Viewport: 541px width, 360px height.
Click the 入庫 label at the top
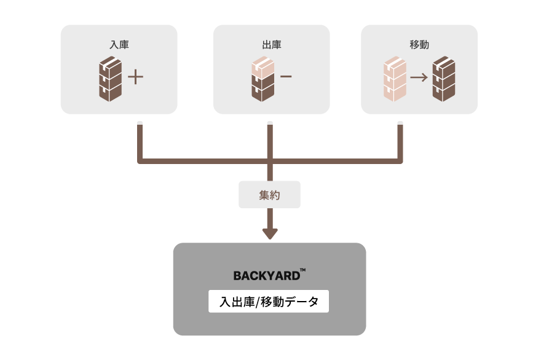(119, 44)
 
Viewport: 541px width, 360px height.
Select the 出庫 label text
(271, 44)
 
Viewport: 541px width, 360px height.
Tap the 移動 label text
(419, 44)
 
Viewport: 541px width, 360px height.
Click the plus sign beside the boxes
(135, 77)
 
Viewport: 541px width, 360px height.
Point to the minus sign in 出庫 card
(286, 77)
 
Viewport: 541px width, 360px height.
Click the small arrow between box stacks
(419, 78)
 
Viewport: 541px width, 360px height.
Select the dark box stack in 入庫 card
(110, 79)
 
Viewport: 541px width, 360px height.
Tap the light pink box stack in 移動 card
(395, 79)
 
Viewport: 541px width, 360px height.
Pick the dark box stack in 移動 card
(443, 79)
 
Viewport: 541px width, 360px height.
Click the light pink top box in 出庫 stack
(263, 67)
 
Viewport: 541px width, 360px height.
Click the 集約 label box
(269, 195)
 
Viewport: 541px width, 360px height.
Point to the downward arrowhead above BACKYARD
(270, 233)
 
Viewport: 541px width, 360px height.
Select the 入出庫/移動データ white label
(269, 302)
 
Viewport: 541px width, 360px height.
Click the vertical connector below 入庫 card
(140, 141)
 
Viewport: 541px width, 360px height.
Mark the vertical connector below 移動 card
(400, 141)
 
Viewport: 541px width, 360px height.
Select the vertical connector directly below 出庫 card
(270, 141)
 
